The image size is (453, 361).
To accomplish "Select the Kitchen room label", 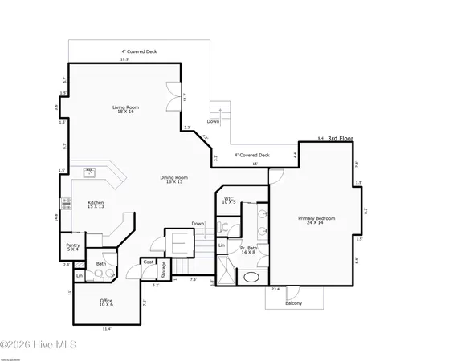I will pyautogui.click(x=96, y=205).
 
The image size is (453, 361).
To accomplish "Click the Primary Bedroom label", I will pyautogui.click(x=316, y=221).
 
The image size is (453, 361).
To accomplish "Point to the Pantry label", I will pyautogui.click(x=73, y=247).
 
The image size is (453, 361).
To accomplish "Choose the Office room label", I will pyautogui.click(x=106, y=302).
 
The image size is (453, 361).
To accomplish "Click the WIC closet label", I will pyautogui.click(x=229, y=200).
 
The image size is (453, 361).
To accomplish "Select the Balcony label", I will pyautogui.click(x=294, y=303).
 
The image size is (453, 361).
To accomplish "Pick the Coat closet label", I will pyautogui.click(x=149, y=262).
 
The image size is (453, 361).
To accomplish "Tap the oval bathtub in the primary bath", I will pyautogui.click(x=251, y=278).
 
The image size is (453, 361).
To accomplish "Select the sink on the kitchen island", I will pyautogui.click(x=91, y=172).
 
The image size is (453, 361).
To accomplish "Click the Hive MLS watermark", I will pyautogui.click(x=39, y=344).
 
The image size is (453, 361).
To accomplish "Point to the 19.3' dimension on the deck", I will pyautogui.click(x=124, y=59).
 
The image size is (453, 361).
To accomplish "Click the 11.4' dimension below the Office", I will pyautogui.click(x=106, y=328).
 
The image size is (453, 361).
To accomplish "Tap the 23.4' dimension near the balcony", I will pyautogui.click(x=275, y=289).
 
